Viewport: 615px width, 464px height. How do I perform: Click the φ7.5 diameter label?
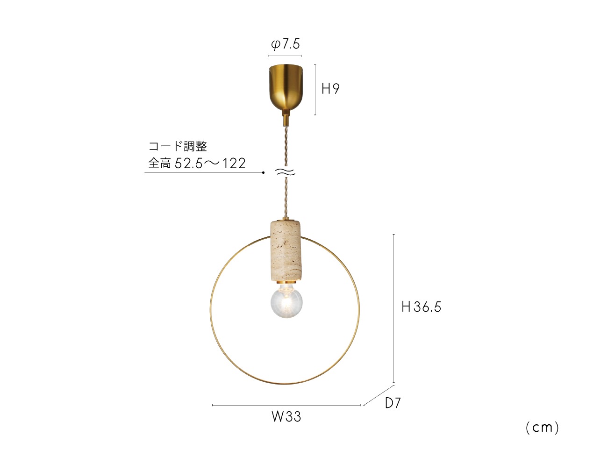[285, 44]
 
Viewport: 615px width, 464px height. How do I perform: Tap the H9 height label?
[330, 89]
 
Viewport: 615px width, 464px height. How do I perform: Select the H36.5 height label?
[421, 307]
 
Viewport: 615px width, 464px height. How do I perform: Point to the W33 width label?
[286, 416]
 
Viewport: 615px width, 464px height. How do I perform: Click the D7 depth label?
[393, 403]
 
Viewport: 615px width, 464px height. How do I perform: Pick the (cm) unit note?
[542, 428]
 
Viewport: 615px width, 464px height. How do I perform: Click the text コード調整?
[178, 146]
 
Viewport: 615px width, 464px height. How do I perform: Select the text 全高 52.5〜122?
[197, 164]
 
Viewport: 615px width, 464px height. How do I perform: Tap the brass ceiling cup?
[286, 87]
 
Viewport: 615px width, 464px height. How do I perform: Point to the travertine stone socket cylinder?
[286, 251]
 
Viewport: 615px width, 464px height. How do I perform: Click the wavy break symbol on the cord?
[286, 172]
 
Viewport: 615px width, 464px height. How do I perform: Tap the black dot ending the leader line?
[263, 173]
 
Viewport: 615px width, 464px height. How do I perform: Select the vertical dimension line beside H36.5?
[394, 308]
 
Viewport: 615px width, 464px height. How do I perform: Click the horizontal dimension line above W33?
[286, 405]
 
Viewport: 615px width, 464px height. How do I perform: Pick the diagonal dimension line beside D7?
[379, 395]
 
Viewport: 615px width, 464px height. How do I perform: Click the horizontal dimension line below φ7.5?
[285, 56]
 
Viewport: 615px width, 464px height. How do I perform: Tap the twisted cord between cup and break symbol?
[286, 145]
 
